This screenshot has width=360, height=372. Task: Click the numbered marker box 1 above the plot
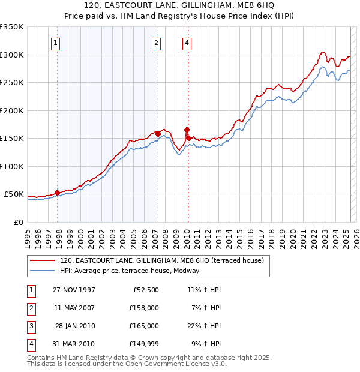pos(55,43)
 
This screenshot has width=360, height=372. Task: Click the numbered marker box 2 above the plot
pos(155,43)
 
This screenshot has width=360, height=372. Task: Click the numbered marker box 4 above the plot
pos(187,43)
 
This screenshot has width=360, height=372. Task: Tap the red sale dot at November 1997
pos(58,193)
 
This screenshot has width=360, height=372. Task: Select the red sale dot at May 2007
pos(158,134)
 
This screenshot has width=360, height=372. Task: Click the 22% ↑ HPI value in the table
pos(203,326)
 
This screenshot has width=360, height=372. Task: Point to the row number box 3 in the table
pos(31,326)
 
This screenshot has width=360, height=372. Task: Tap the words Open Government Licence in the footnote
pos(173,364)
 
